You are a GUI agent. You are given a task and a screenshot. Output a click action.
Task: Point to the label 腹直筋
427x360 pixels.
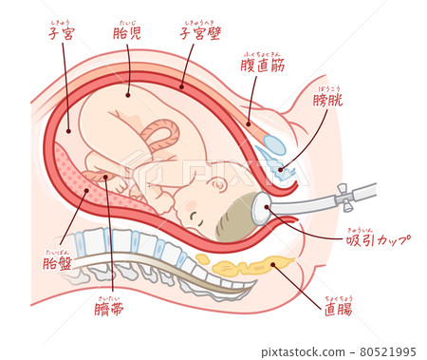(x=265, y=67)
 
